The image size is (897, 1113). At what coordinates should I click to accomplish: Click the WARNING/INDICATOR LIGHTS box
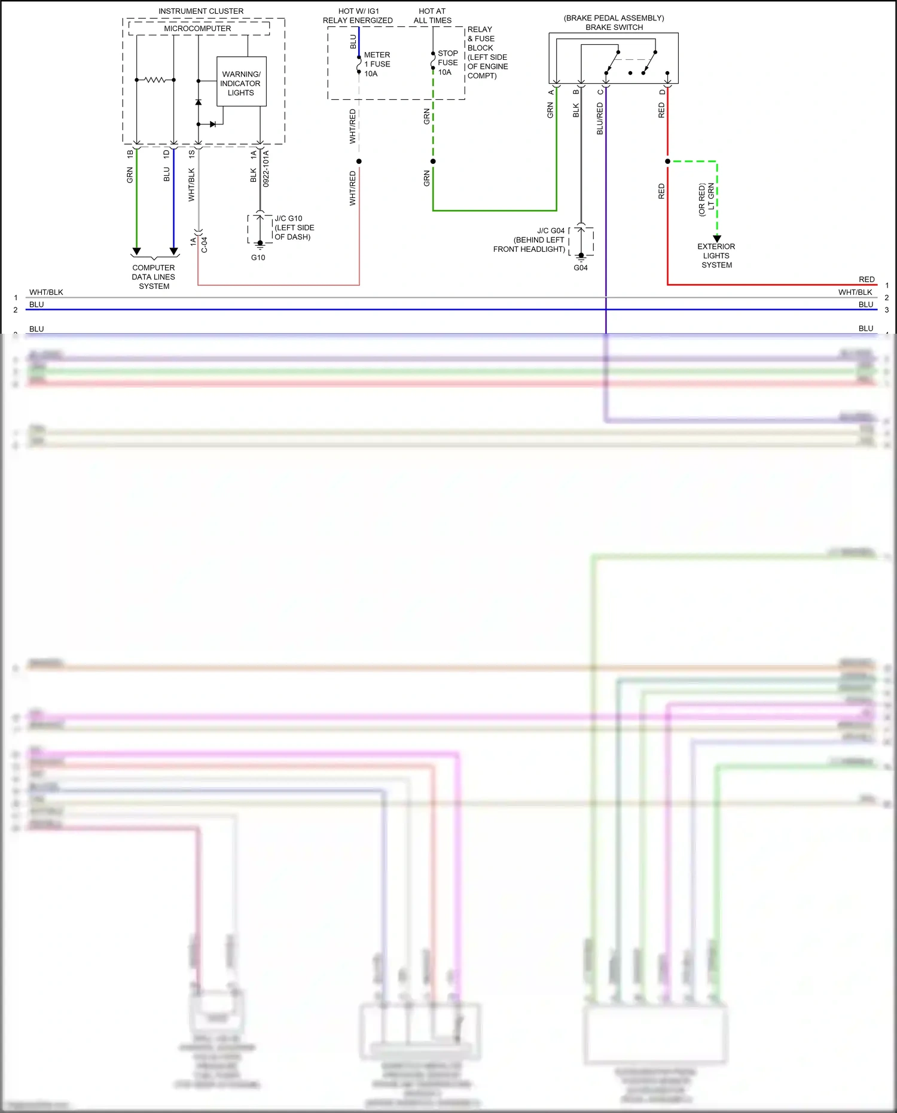tap(241, 82)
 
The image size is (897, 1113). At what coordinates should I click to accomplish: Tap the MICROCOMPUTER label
tap(197, 28)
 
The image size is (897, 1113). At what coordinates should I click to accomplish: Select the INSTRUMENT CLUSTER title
tap(201, 11)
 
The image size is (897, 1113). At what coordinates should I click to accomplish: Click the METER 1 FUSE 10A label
tap(377, 64)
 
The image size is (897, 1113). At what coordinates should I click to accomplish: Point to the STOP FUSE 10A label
tap(447, 62)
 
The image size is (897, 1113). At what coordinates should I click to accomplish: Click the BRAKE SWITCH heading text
tap(614, 27)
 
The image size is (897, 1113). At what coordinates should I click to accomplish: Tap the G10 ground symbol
tap(260, 244)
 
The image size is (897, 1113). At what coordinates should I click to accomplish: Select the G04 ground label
tap(581, 268)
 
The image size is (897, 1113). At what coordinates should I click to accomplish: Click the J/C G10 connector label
tap(294, 228)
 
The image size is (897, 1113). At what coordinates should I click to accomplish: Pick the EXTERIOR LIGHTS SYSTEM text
tap(716, 255)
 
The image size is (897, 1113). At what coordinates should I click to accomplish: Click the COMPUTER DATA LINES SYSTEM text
tap(154, 277)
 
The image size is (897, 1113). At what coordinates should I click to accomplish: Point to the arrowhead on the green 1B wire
tap(137, 251)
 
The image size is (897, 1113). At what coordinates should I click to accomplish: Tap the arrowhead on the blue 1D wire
tap(174, 251)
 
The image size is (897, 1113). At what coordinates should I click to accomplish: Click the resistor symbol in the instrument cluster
tap(155, 80)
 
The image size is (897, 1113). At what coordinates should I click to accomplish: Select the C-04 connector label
tap(204, 245)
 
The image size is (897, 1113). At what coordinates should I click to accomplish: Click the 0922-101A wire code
tap(266, 169)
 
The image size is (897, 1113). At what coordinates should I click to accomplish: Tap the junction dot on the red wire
tap(667, 161)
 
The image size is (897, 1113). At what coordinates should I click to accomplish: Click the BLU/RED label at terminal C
tap(600, 118)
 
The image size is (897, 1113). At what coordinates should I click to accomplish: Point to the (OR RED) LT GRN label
tap(706, 199)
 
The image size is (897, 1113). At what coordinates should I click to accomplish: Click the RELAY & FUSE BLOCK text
tap(487, 52)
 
